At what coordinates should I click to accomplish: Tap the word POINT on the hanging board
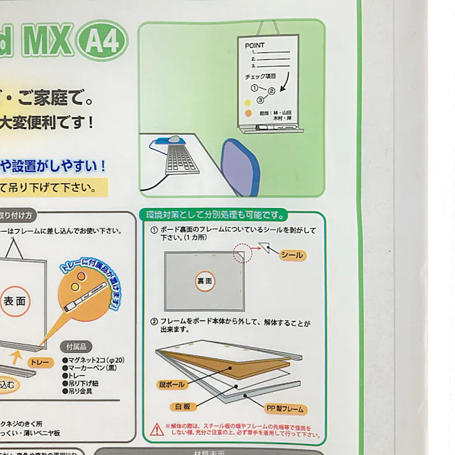coord(255,46)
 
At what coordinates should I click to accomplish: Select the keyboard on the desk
coord(181,158)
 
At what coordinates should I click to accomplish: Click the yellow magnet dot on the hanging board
coord(248,102)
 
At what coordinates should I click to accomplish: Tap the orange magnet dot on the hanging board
coord(248,113)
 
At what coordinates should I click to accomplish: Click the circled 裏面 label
coord(205,280)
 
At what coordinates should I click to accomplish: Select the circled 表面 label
coord(15,301)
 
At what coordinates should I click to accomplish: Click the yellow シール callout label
coord(292,255)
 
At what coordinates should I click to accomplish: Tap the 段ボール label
coord(170,385)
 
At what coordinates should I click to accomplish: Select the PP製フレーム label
coord(285,408)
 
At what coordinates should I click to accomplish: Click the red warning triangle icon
coord(156,429)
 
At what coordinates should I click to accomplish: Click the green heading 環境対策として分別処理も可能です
coord(214,215)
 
